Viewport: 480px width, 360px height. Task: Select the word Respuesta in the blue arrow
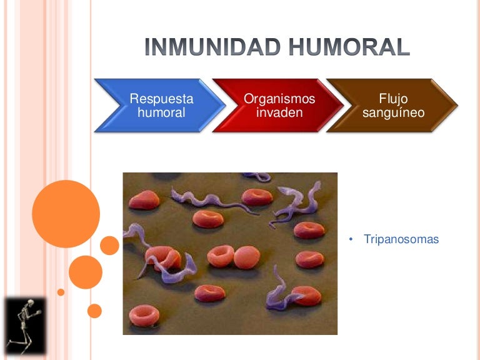(161, 99)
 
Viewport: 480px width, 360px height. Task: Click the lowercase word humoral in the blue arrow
(161, 113)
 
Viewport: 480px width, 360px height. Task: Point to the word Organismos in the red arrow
(279, 99)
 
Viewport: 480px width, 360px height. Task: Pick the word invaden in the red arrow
(279, 113)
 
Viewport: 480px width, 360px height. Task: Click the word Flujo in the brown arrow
(393, 99)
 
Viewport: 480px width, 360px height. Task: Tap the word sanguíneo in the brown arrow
(393, 113)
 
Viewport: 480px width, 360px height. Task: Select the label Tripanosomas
(401, 239)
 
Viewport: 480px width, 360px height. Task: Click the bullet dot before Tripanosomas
(351, 239)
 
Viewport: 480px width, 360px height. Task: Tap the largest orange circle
(66, 214)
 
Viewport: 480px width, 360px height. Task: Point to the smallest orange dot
(61, 292)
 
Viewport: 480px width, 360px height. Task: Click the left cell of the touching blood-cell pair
(220, 256)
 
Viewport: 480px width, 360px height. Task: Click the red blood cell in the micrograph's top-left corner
(143, 200)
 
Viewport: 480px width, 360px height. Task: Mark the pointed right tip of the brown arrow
(457, 105)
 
